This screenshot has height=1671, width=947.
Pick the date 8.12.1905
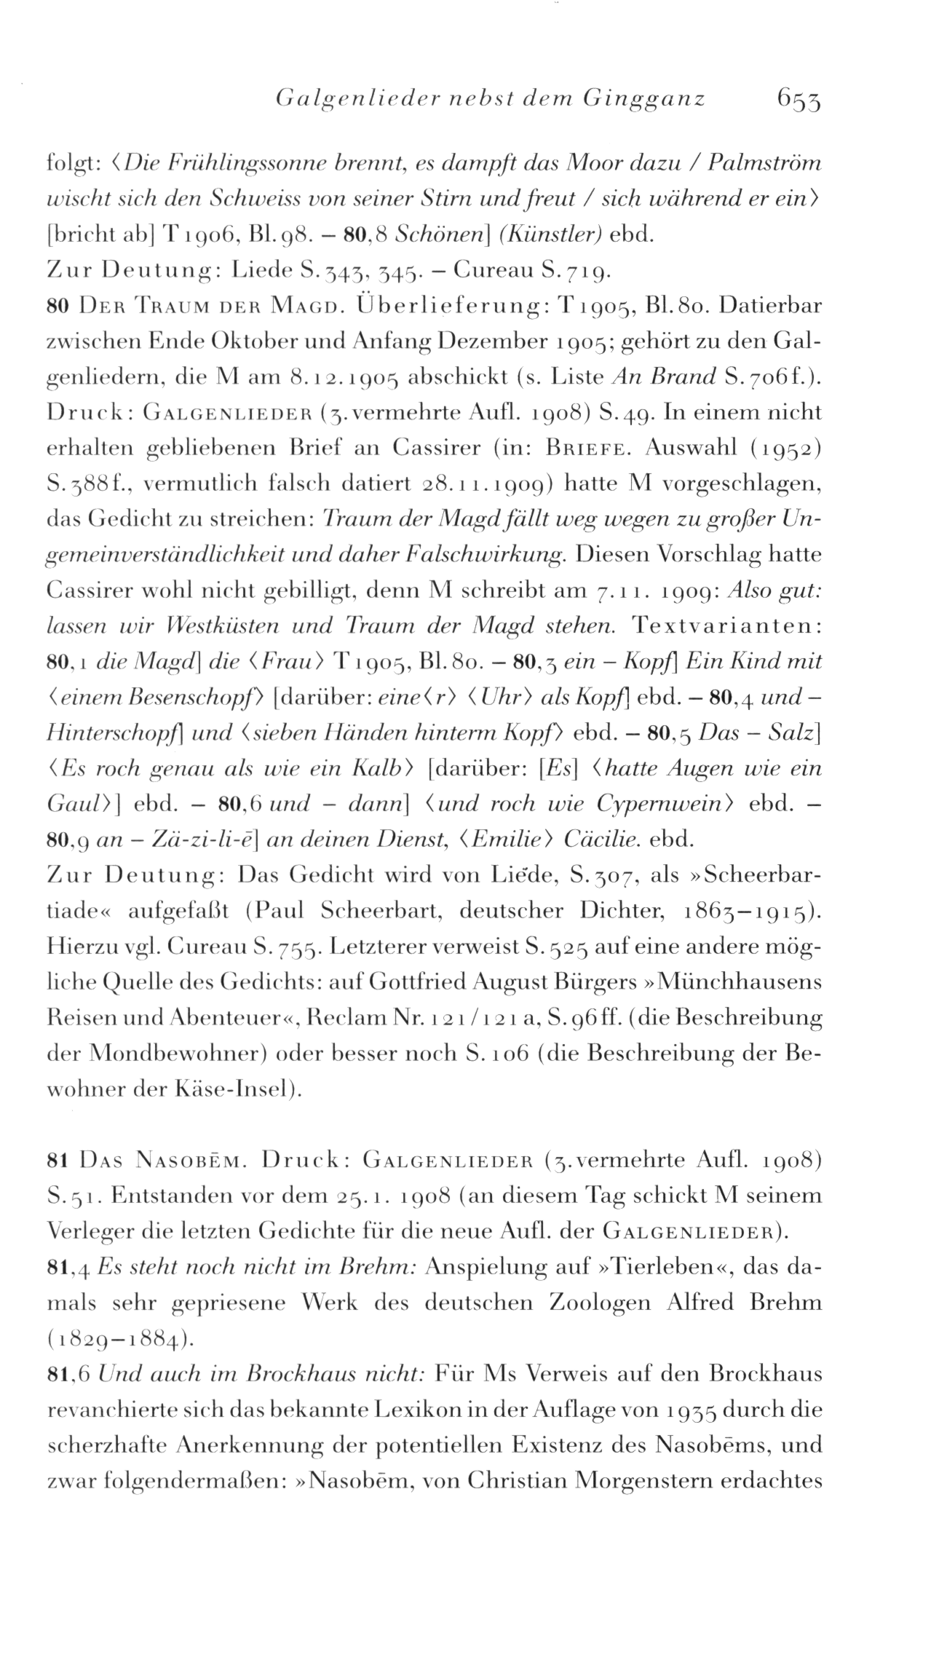[x=349, y=377]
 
